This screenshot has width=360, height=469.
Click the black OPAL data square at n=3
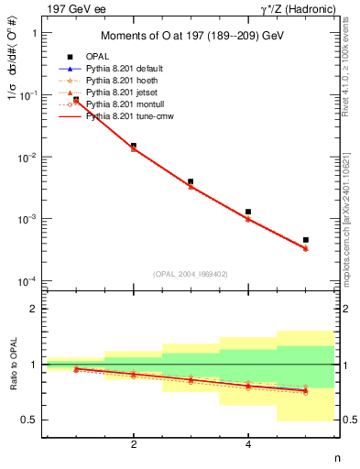[x=191, y=181]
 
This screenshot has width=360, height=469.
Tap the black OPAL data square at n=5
[x=305, y=240]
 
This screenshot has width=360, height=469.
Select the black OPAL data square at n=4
[x=248, y=212]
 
